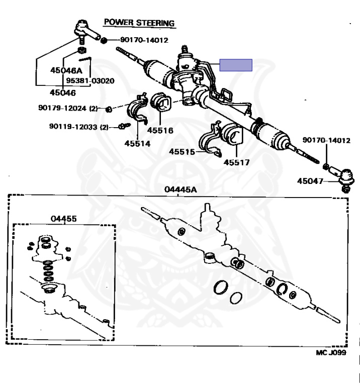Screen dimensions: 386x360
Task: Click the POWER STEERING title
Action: click(139, 23)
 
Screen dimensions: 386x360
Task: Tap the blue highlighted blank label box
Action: click(235, 66)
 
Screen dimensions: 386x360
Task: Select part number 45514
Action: click(138, 143)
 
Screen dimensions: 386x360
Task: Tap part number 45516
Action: click(160, 130)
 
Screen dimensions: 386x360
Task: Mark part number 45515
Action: click(182, 151)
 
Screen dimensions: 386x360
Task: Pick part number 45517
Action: click(236, 162)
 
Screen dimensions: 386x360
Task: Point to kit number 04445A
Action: click(180, 189)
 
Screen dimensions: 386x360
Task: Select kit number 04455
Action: click(63, 219)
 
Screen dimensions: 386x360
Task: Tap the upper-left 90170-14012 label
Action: click(144, 40)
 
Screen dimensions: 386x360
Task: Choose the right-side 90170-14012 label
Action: click(326, 140)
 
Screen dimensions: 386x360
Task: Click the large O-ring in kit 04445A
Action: click(220, 287)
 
